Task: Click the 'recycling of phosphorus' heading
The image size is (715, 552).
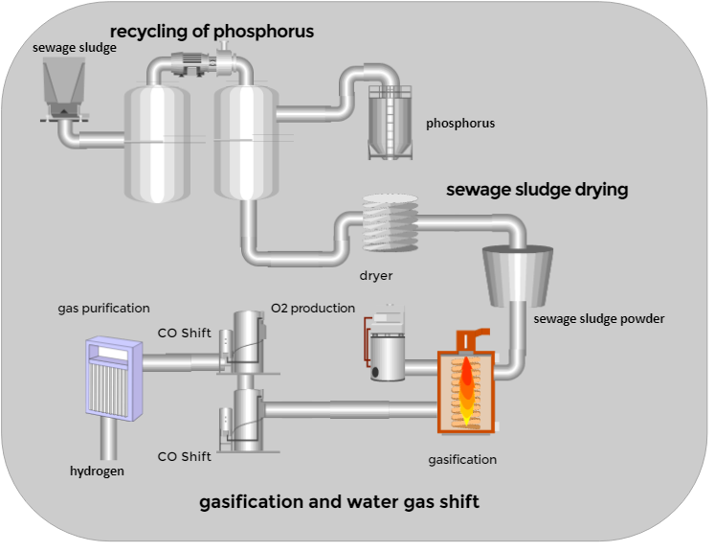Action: click(212, 32)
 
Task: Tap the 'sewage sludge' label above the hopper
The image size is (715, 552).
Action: click(75, 47)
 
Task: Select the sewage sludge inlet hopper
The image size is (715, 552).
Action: click(64, 87)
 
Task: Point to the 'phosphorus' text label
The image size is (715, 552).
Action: click(460, 124)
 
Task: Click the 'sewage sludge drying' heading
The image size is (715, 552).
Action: click(537, 190)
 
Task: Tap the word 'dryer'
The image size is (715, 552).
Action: click(376, 276)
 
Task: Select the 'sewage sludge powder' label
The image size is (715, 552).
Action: click(598, 318)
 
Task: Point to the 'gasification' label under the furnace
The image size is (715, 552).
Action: click(462, 459)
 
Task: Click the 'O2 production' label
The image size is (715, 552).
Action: click(312, 308)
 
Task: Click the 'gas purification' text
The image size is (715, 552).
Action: click(103, 308)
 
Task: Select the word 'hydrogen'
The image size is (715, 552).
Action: click(97, 471)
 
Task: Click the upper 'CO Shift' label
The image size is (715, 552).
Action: click(185, 333)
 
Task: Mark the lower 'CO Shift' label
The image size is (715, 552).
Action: click(185, 456)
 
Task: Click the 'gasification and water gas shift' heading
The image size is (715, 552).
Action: click(339, 501)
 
